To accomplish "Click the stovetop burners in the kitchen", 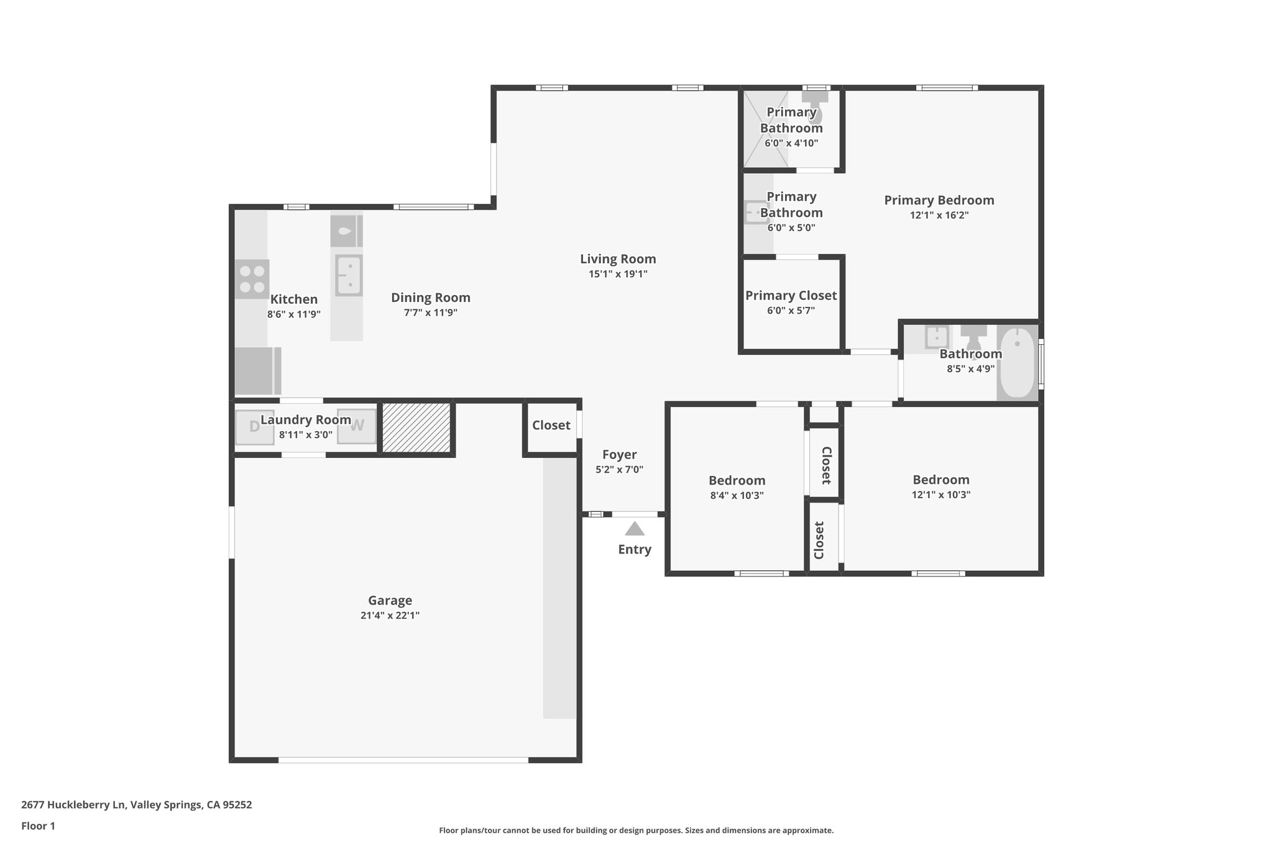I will pos(252,279).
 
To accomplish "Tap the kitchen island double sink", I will pos(349,275).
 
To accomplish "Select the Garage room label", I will pos(390,601).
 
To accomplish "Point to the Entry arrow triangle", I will pos(634,529).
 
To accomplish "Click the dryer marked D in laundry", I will pos(254,427).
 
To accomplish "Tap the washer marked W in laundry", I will pos(357,426).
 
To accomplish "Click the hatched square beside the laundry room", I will pos(416,427).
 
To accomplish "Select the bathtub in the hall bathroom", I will pos(1017,363).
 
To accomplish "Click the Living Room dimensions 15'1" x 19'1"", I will pos(618,274).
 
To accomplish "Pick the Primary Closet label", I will pos(791,296).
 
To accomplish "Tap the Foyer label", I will pos(619,455).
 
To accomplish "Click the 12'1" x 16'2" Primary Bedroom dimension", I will pos(939,216).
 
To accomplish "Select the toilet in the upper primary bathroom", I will pos(815,106).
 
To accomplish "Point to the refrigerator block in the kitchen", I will pos(257,371).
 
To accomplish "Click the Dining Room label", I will pos(430,298).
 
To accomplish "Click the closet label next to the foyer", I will pos(551,426).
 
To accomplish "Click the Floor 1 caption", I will pos(38,826).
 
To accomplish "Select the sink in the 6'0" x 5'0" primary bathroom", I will pos(756,212).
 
